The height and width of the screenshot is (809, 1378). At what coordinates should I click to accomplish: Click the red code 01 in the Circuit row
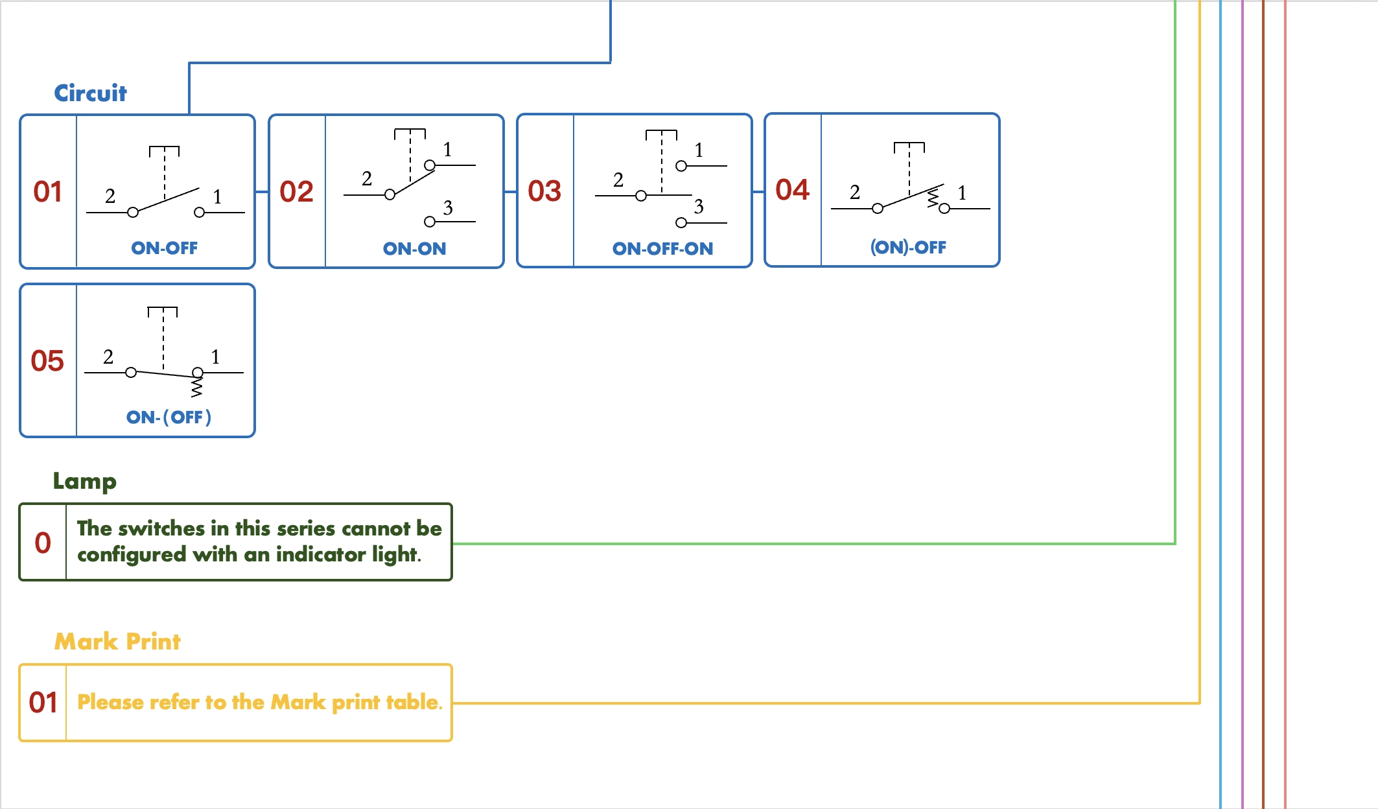[48, 192]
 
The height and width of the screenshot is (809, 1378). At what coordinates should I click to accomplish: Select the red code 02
[296, 192]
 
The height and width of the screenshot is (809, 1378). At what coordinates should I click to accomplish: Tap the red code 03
[544, 191]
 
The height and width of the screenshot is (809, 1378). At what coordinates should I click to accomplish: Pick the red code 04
[792, 190]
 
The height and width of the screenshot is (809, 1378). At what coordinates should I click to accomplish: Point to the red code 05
[47, 361]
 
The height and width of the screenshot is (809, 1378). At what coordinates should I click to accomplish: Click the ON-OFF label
[164, 248]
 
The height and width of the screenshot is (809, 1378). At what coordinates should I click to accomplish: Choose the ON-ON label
[414, 249]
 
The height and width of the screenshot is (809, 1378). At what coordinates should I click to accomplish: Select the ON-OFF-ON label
[662, 249]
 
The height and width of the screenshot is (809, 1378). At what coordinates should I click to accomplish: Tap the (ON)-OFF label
[908, 248]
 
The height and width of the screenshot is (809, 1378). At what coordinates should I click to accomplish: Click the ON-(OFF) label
[169, 417]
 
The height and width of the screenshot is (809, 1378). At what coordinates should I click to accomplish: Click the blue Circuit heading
[90, 93]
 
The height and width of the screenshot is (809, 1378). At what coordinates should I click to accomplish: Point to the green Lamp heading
[84, 481]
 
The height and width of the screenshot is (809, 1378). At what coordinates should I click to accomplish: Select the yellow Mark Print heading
[117, 642]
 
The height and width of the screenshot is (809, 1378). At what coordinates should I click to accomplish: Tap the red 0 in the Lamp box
[43, 543]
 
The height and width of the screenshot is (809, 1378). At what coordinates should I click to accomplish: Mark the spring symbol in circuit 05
[196, 388]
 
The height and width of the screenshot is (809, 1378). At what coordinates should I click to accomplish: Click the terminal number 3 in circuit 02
[448, 208]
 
